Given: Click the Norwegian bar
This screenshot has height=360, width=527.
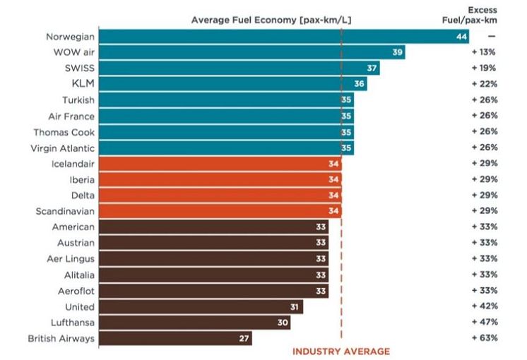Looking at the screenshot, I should (283, 36).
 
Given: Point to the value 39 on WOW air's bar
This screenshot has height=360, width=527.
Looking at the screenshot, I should (398, 52).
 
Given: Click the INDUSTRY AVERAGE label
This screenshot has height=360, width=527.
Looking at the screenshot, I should (341, 351).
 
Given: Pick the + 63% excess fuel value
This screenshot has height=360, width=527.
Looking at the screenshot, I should (485, 338).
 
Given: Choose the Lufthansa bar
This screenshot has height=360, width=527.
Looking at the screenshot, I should (194, 322).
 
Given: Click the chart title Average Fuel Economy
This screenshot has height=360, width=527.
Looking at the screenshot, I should (271, 20).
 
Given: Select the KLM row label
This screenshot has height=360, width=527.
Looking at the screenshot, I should (83, 84).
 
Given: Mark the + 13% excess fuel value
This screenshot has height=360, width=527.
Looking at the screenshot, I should (485, 52).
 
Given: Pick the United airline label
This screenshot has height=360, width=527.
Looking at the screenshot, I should (79, 306).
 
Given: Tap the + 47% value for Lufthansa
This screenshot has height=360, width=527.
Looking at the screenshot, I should (485, 322).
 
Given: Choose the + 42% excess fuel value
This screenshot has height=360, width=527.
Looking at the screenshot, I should (485, 306).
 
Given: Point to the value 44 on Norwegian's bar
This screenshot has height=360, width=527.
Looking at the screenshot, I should (462, 36).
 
